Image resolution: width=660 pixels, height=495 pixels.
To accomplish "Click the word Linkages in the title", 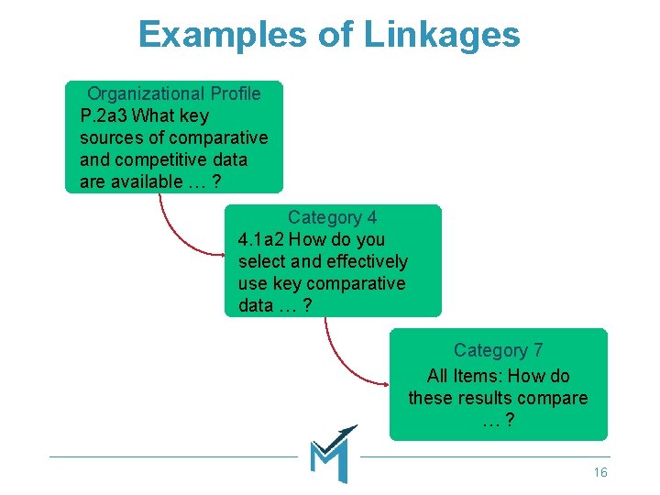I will tap(442, 35).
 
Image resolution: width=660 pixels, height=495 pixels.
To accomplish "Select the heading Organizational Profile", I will tap(173, 93).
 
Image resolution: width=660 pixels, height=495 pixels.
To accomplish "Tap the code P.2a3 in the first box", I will tap(104, 115).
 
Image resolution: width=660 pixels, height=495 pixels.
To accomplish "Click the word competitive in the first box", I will tap(158, 159).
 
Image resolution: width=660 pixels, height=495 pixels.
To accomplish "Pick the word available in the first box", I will tap(145, 181).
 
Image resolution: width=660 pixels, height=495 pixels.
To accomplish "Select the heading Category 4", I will tap(332, 217).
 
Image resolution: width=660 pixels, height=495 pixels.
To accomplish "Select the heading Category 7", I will tap(498, 350).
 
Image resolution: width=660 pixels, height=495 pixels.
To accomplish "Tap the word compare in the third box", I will tap(555, 398).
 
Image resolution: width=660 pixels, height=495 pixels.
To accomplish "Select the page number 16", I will tap(600, 472).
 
